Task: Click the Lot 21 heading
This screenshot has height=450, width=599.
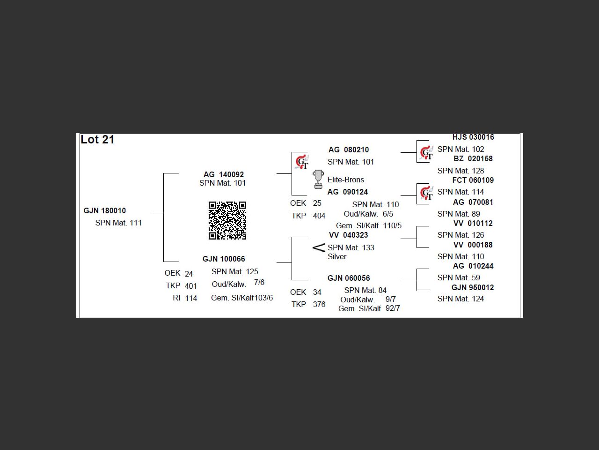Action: [97, 140]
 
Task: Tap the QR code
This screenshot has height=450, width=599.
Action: [227, 220]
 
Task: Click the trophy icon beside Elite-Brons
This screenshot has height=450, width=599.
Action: [318, 179]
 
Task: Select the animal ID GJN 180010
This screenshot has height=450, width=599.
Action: [105, 211]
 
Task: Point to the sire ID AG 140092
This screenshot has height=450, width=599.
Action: [224, 174]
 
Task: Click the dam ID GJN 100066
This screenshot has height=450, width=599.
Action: [224, 259]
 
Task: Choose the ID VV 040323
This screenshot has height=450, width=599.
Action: [349, 235]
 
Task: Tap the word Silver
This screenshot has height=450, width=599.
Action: [337, 257]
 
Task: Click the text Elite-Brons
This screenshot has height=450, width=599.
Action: [346, 180]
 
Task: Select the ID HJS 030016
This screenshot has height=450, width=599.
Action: [473, 137]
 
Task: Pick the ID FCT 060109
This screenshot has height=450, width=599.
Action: [473, 180]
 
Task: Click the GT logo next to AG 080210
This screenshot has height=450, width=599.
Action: [302, 162]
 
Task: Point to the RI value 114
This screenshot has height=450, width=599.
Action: [191, 298]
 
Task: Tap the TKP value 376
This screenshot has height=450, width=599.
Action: [319, 305]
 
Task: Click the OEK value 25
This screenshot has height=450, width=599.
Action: [317, 203]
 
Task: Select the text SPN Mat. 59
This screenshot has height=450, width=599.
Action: [459, 278]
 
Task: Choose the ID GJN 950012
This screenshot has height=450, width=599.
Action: [473, 288]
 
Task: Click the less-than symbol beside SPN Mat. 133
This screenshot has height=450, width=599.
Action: [319, 247]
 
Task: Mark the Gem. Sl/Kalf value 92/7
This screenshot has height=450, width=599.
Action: [393, 308]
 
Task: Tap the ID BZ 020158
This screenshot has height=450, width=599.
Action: [473, 159]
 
